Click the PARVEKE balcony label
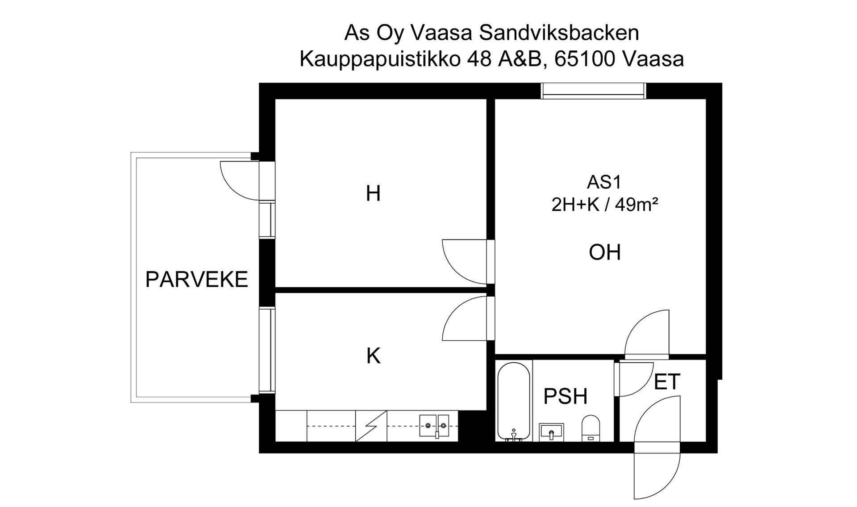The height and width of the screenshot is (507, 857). coord(196,280)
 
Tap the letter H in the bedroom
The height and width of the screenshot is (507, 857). coord(373,194)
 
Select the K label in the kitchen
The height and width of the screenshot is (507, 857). coord(373,356)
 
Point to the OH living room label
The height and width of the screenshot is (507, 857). coord(604,252)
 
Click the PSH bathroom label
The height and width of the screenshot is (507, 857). coord(565,397)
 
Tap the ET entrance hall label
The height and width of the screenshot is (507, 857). coord(667,382)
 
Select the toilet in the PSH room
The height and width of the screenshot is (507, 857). coord(591,428)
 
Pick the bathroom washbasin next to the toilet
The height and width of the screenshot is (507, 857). coord(551,432)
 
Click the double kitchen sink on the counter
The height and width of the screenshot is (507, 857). coord(433,425)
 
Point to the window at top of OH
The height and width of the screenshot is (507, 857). coord(593,91)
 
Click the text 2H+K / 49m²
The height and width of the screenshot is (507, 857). coord(604,205)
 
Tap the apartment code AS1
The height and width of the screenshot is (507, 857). coord(604,182)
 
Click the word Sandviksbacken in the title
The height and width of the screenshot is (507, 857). coord(559,33)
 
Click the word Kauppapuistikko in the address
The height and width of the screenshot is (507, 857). coord(379,59)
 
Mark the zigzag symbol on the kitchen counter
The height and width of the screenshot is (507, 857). coord(371,426)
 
